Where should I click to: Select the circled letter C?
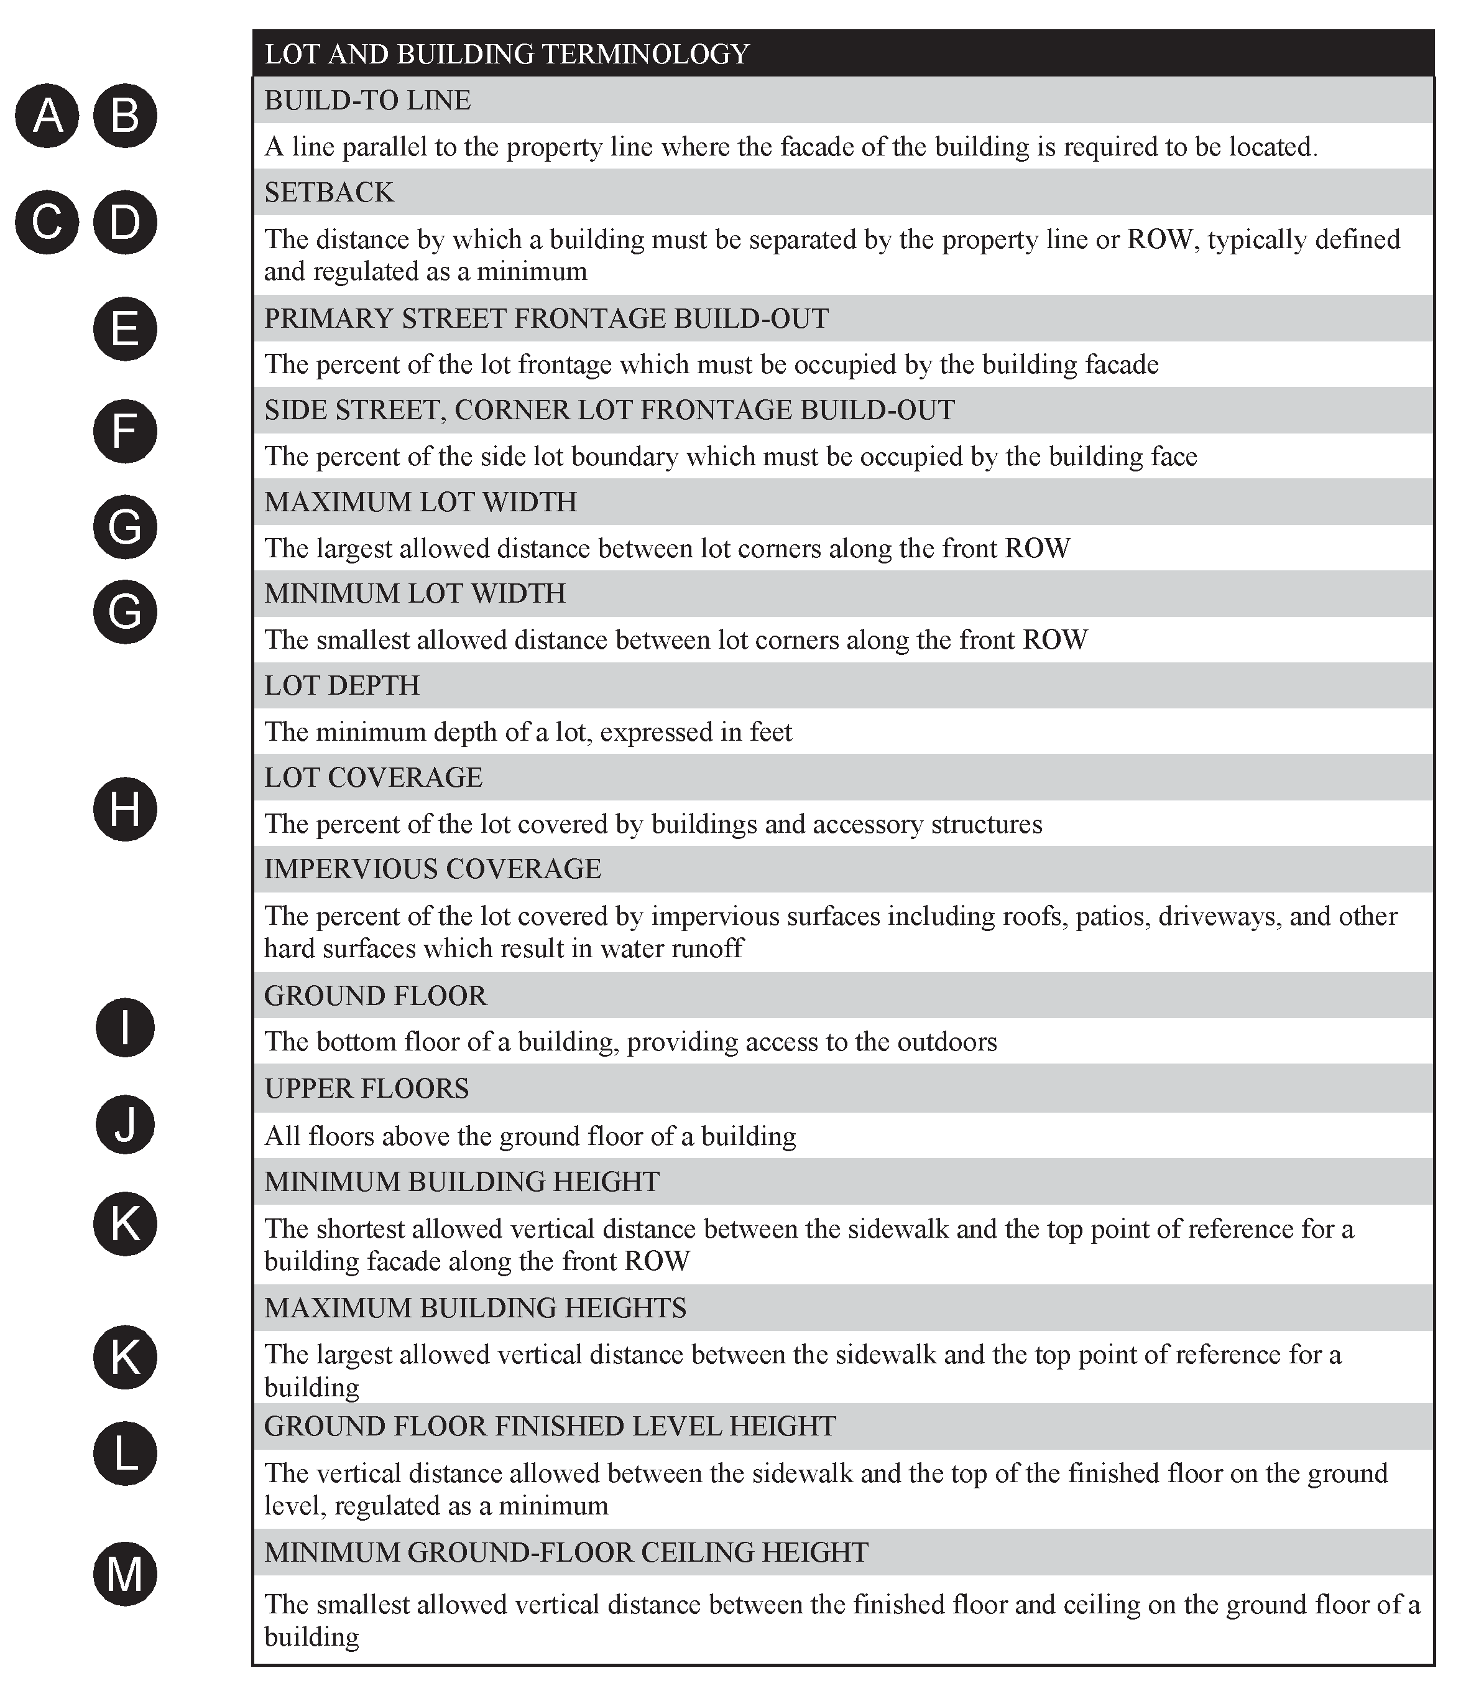tap(47, 222)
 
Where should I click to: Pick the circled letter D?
tap(124, 222)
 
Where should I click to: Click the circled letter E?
tap(124, 329)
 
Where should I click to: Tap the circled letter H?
tap(124, 809)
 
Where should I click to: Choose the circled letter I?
tap(124, 1027)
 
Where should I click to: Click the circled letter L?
tap(124, 1454)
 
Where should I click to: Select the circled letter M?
tap(124, 1574)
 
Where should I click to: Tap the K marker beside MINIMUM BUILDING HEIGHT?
tap(124, 1224)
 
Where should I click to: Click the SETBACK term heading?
tap(329, 192)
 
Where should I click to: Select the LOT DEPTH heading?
tap(342, 685)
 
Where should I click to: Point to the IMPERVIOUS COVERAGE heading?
tap(433, 869)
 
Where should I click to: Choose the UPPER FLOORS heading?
tap(367, 1089)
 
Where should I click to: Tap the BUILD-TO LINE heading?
tap(367, 101)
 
